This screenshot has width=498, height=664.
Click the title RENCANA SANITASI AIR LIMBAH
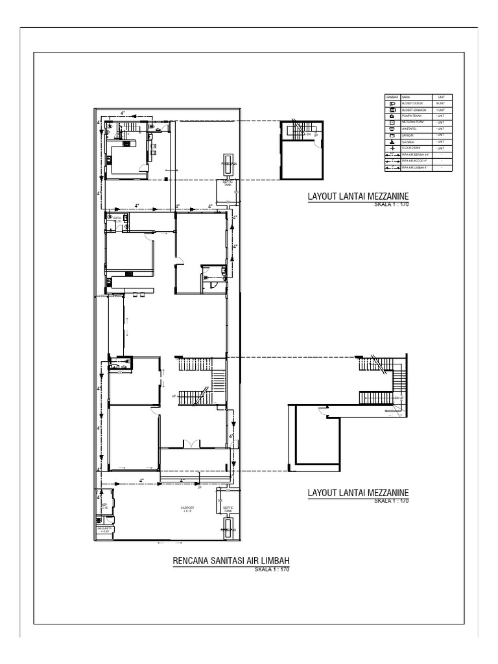click(230, 561)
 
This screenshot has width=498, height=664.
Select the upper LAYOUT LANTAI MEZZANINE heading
click(361, 197)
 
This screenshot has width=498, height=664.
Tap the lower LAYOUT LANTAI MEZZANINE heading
click(361, 493)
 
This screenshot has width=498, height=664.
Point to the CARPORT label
click(188, 509)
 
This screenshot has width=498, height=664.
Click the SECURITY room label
click(105, 529)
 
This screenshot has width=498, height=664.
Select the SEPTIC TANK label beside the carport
click(228, 509)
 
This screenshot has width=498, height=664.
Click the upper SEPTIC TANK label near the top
click(228, 183)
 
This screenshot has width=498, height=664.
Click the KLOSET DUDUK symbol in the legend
click(392, 103)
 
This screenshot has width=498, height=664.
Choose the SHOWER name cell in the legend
click(409, 141)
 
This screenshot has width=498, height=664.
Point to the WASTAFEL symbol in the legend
click(392, 128)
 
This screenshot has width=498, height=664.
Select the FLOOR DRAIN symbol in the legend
click(392, 148)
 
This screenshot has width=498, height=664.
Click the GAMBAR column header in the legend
click(392, 96)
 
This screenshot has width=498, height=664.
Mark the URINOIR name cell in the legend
click(409, 135)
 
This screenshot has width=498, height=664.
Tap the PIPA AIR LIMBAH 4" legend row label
click(415, 168)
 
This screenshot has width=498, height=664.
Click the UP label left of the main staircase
click(174, 396)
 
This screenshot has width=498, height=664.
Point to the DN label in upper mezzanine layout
click(309, 134)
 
